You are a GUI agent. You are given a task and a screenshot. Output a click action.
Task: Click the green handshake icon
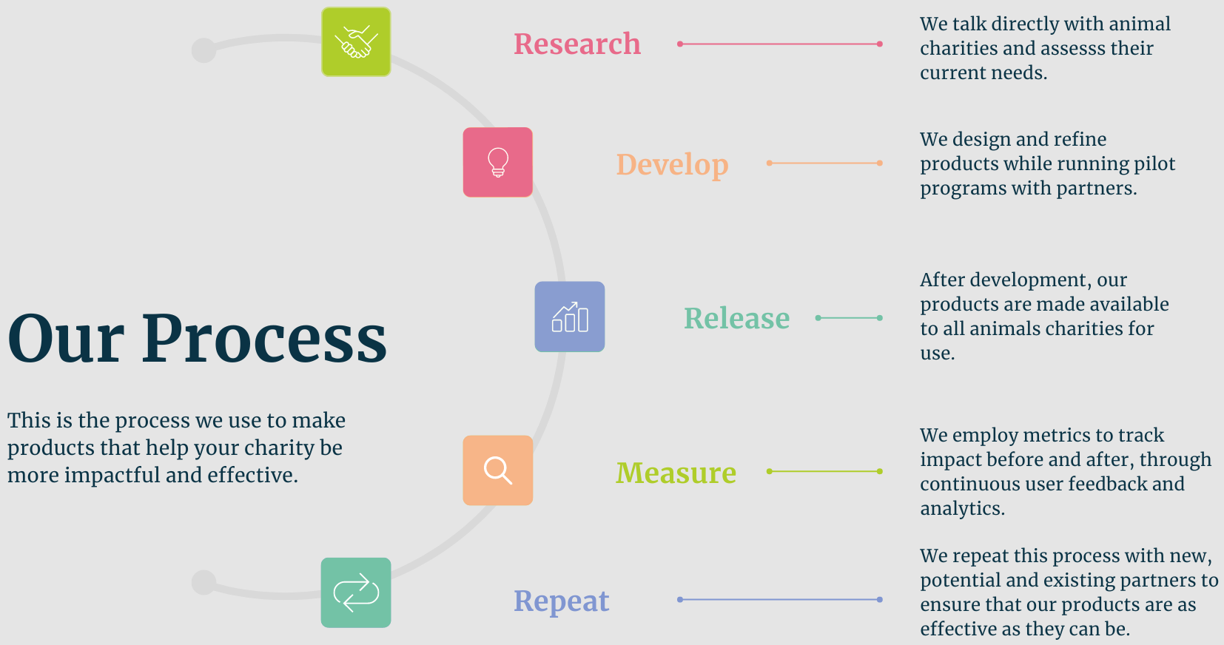point(356,42)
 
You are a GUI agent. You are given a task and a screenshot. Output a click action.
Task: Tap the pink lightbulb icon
point(498,162)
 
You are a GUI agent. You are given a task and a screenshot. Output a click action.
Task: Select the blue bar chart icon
point(570,317)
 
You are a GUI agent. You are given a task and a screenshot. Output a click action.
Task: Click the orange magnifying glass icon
point(498,470)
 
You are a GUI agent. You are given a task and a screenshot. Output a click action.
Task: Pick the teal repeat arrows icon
point(356,592)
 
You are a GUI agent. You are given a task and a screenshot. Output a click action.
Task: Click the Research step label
point(577,44)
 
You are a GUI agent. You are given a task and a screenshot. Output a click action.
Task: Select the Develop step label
point(673,165)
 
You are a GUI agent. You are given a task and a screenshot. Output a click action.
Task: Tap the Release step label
point(737,318)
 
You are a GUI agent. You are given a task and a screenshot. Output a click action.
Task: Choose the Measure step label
point(676,473)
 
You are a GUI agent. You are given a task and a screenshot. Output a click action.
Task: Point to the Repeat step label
point(562,601)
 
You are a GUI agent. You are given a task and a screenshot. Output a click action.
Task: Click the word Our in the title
point(65,338)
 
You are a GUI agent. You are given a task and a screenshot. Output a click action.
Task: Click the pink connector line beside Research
point(780,44)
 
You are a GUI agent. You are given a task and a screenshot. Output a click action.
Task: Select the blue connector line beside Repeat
point(780,600)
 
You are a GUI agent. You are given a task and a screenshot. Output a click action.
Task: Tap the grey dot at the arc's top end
point(204,50)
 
